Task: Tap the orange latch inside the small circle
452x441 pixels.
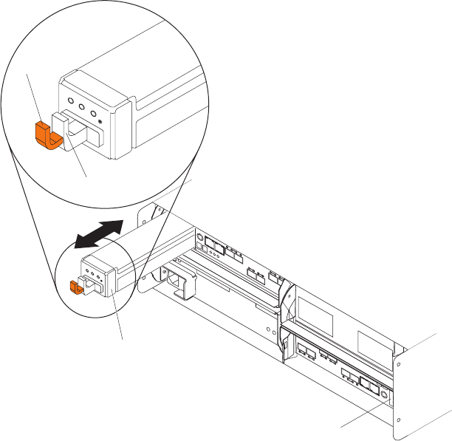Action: click(73, 286)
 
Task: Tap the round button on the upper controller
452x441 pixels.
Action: click(199, 238)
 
